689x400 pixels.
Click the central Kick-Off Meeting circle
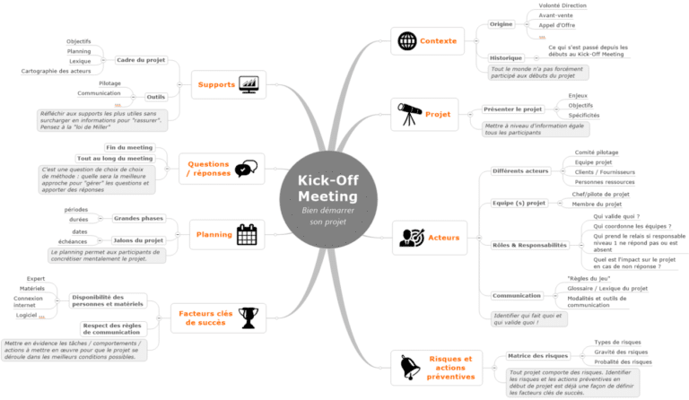tap(327, 201)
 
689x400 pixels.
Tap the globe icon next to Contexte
tap(407, 41)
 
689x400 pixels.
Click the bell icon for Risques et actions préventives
tap(409, 367)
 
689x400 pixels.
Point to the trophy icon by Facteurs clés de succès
tap(247, 316)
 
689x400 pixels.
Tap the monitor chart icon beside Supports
tap(250, 84)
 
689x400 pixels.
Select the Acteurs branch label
tap(444, 238)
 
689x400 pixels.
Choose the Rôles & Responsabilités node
tap(529, 245)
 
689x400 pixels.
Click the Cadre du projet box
tap(141, 60)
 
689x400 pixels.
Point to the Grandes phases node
tap(138, 218)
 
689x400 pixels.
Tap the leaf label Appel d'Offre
tap(557, 25)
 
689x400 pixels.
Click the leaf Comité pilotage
tap(596, 152)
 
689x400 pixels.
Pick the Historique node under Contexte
tap(506, 57)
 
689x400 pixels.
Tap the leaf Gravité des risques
tap(620, 351)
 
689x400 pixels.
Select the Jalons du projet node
tap(138, 240)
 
